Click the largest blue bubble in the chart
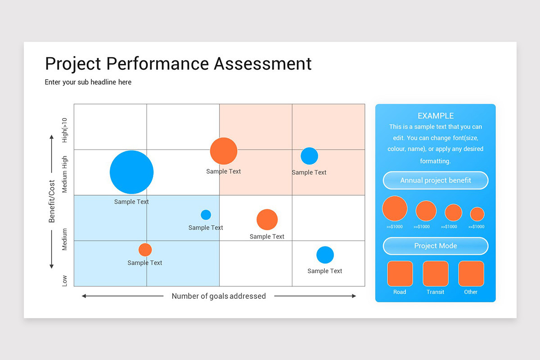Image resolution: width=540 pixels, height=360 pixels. click(x=131, y=172)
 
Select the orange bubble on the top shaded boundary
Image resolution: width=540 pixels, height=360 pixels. click(x=224, y=151)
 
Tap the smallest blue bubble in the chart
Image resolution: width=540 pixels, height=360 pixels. click(x=206, y=215)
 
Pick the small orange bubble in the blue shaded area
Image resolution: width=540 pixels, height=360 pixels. click(x=145, y=250)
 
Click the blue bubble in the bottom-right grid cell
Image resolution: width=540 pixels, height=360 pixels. click(x=325, y=255)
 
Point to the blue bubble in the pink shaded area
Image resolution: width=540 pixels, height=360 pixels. click(x=309, y=156)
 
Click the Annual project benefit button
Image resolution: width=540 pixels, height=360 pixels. click(x=436, y=180)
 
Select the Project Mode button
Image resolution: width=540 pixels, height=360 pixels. click(x=436, y=246)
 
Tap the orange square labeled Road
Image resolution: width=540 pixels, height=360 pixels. click(x=400, y=274)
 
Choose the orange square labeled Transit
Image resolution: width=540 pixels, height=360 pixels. click(x=436, y=274)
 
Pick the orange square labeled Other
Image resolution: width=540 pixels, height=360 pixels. click(x=471, y=274)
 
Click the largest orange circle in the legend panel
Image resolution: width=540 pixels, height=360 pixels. click(x=395, y=208)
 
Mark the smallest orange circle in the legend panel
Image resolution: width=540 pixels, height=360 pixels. click(x=477, y=214)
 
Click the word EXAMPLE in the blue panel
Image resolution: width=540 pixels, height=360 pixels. click(x=436, y=116)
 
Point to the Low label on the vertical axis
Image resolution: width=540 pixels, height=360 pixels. click(x=65, y=281)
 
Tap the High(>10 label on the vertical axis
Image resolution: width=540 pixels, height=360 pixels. click(x=65, y=130)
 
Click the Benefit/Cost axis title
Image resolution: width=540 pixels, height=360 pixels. click(x=52, y=201)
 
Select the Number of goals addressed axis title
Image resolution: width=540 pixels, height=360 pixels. click(x=219, y=296)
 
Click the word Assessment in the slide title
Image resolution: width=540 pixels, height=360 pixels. click(x=263, y=64)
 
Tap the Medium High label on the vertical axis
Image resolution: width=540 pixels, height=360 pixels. click(x=65, y=175)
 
